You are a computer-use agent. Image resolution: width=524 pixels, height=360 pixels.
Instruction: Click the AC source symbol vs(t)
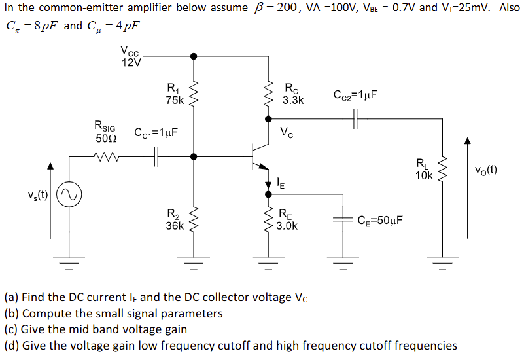tap(69, 194)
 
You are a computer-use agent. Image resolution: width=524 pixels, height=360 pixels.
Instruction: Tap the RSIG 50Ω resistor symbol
tap(105, 157)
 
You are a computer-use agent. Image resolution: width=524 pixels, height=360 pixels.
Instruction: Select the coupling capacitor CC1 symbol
tap(157, 157)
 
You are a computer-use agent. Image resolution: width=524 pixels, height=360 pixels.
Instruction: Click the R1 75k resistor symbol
tap(193, 95)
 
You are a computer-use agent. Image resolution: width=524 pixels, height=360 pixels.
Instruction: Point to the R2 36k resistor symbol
tap(193, 220)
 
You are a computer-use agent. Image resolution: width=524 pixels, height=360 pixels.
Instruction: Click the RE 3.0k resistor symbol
tap(268, 220)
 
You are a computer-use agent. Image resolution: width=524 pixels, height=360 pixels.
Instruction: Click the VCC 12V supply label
tap(131, 57)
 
